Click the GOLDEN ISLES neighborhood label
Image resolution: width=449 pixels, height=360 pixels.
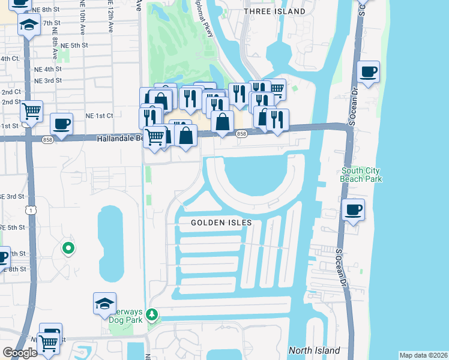point(221,223)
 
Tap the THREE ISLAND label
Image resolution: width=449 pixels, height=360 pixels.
point(275,11)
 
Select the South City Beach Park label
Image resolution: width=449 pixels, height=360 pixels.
point(360,175)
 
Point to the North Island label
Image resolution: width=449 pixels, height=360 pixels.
point(314,350)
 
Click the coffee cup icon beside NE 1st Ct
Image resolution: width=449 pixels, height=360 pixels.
point(61,125)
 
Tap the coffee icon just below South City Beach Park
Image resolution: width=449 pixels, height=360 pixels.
point(353,211)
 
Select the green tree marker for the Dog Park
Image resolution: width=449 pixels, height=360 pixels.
point(152,314)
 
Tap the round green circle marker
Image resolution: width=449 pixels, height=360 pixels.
point(68,247)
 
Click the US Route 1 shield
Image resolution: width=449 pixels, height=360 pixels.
point(30,209)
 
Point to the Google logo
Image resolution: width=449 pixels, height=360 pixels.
point(20,353)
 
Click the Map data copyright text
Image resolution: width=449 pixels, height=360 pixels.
point(423,355)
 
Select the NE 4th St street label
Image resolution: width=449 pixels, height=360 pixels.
point(48,69)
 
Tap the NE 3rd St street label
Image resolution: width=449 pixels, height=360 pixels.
point(48,80)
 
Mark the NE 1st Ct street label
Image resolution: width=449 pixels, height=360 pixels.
point(99,115)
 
